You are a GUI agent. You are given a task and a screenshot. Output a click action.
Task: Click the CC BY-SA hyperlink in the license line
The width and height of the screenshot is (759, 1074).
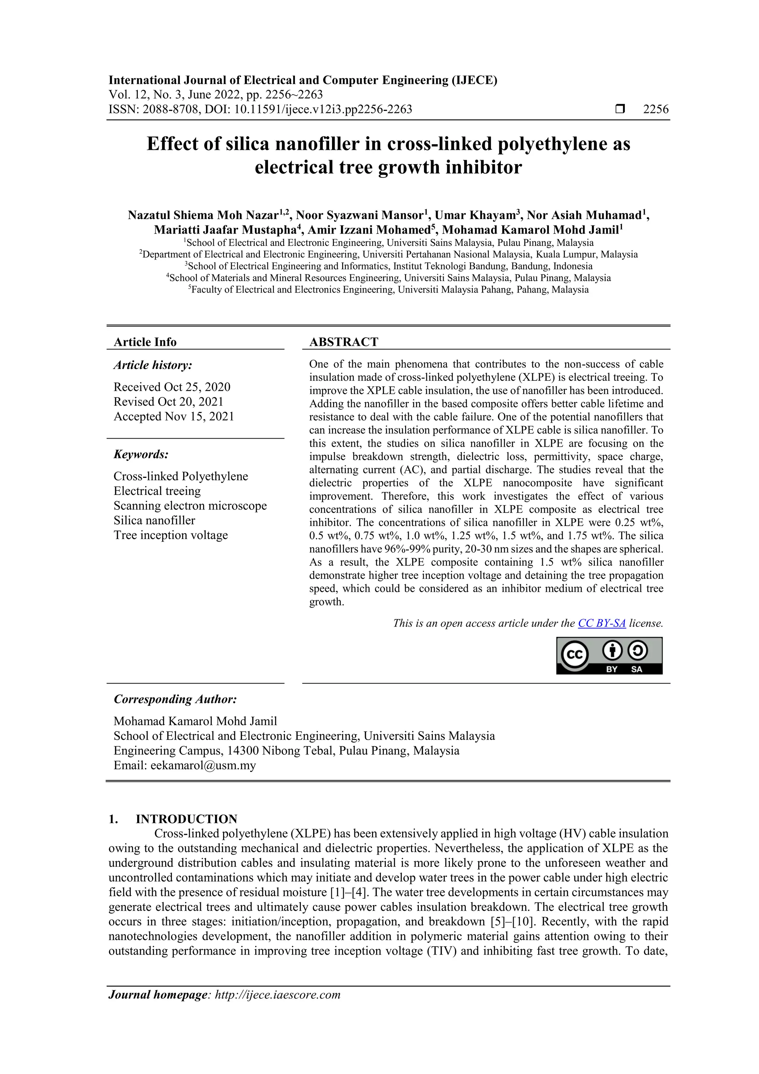tap(601, 624)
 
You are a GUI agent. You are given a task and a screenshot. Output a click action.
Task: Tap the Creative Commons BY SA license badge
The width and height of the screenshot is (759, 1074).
tap(609, 655)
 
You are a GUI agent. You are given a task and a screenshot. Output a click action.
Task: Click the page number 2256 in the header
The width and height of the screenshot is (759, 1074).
tap(656, 109)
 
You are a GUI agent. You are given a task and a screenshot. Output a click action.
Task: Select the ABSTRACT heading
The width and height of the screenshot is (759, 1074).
tap(343, 342)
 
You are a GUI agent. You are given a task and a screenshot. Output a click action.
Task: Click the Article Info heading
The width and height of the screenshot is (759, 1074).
tap(145, 342)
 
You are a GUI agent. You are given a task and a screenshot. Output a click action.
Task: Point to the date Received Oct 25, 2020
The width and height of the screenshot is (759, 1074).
tap(172, 387)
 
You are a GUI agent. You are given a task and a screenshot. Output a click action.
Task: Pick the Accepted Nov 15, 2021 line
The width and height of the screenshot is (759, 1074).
tap(173, 416)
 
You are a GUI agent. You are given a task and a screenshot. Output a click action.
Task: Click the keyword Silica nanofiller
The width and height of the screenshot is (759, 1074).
tap(154, 520)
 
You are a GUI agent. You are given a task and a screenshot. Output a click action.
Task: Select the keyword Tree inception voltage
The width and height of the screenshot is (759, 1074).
tap(171, 535)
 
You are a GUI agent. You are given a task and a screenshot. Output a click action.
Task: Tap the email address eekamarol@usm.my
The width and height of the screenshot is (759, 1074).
tap(203, 765)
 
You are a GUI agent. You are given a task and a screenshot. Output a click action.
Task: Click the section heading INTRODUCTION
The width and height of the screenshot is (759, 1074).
tap(186, 819)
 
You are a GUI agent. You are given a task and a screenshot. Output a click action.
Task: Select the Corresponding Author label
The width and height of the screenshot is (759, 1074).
tap(175, 699)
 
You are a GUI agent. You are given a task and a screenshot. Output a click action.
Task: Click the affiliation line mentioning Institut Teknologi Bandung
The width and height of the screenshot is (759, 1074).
tap(388, 266)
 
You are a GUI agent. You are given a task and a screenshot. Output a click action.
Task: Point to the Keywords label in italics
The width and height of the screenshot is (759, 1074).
tap(141, 454)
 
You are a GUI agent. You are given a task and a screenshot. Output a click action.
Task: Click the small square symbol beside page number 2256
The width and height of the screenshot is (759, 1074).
tap(620, 109)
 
